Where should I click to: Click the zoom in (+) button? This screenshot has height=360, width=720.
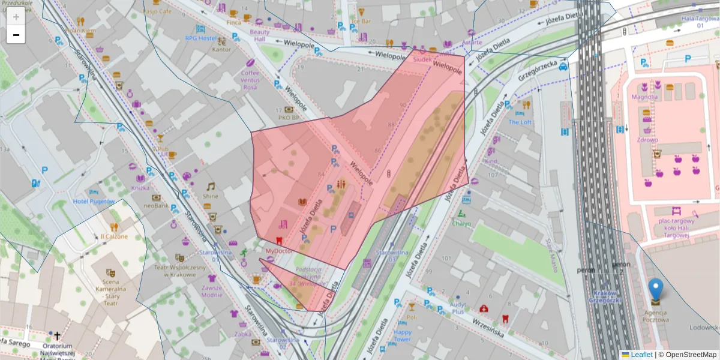click(x=16, y=17)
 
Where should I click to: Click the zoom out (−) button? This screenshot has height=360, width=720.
click(x=16, y=35)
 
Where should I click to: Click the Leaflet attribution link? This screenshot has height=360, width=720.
click(x=641, y=355)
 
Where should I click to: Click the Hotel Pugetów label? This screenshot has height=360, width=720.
click(x=94, y=202)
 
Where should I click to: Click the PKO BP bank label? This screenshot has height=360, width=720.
click(x=287, y=118)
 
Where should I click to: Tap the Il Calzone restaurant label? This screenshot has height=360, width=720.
click(x=114, y=236)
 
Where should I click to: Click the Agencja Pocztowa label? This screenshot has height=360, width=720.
click(x=656, y=316)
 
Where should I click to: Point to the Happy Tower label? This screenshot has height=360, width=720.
click(x=402, y=335)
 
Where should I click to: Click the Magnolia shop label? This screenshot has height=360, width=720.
click(x=644, y=97)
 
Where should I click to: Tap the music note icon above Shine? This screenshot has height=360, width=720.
click(x=211, y=187)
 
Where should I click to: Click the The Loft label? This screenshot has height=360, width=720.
click(x=520, y=122)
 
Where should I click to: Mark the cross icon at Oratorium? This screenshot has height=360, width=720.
click(x=58, y=336)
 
